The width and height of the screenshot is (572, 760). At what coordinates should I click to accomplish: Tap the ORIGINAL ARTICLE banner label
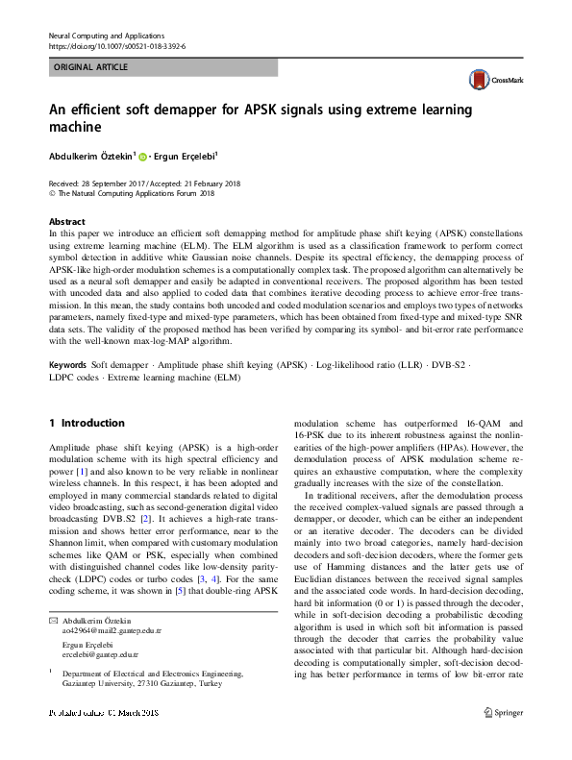point(90,68)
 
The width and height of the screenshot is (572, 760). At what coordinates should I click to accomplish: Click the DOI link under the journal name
point(116,45)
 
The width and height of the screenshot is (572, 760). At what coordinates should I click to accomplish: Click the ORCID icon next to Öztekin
point(142,155)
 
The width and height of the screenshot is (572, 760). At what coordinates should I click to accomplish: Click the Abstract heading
point(66,220)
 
